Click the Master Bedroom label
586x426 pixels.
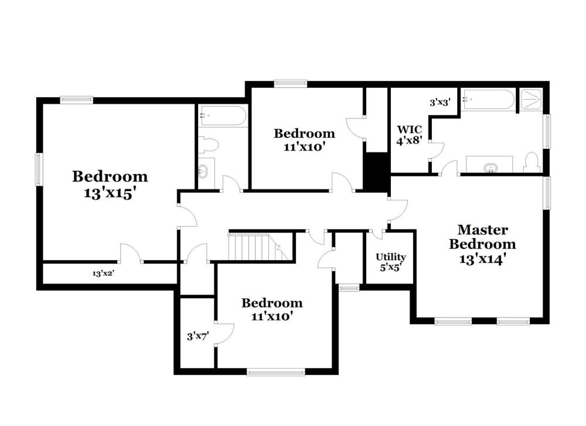[482, 237]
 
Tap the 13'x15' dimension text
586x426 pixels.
[109, 193]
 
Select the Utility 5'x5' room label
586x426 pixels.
[390, 262]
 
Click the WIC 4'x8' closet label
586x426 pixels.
[409, 135]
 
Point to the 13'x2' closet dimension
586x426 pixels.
[103, 273]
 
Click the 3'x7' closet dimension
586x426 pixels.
[197, 336]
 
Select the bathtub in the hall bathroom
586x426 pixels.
[223, 116]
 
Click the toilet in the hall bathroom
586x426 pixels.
[208, 145]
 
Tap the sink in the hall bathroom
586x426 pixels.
[203, 171]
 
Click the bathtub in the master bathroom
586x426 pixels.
[488, 99]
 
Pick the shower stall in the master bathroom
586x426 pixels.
[531, 99]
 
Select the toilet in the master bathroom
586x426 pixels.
[531, 163]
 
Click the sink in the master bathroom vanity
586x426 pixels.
[489, 168]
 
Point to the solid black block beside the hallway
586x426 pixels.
[376, 173]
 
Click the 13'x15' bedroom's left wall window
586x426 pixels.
[39, 169]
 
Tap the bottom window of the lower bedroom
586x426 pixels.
[276, 372]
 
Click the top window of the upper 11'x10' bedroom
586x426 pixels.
[291, 84]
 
